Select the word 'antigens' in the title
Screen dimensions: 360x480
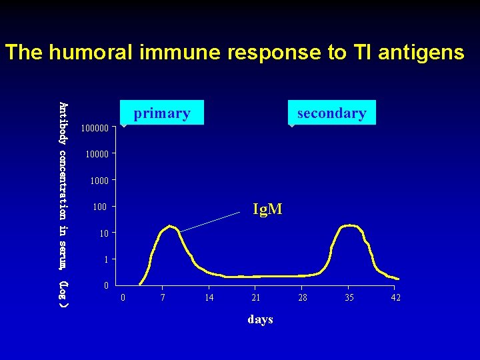click(x=421, y=52)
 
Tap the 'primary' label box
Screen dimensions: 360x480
click(x=162, y=113)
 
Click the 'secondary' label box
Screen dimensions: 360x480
click(x=331, y=113)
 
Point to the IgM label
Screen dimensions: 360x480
click(x=267, y=209)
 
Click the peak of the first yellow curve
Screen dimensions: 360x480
click(x=171, y=227)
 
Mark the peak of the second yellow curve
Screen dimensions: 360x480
click(x=349, y=226)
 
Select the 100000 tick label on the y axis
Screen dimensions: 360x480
click(x=95, y=127)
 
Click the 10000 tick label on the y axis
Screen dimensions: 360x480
click(x=97, y=154)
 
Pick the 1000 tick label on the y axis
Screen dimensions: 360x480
click(x=99, y=181)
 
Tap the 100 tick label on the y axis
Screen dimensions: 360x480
click(x=101, y=207)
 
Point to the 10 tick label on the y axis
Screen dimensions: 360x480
click(x=103, y=233)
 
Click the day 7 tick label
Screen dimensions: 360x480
click(x=163, y=297)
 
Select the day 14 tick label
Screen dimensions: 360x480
click(x=209, y=297)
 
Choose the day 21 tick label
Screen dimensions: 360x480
click(x=256, y=297)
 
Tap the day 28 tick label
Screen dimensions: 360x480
click(x=303, y=297)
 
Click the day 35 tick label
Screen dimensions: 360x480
click(x=349, y=297)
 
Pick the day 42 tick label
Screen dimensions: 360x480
click(x=395, y=297)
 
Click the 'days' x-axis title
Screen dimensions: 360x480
click(x=260, y=319)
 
